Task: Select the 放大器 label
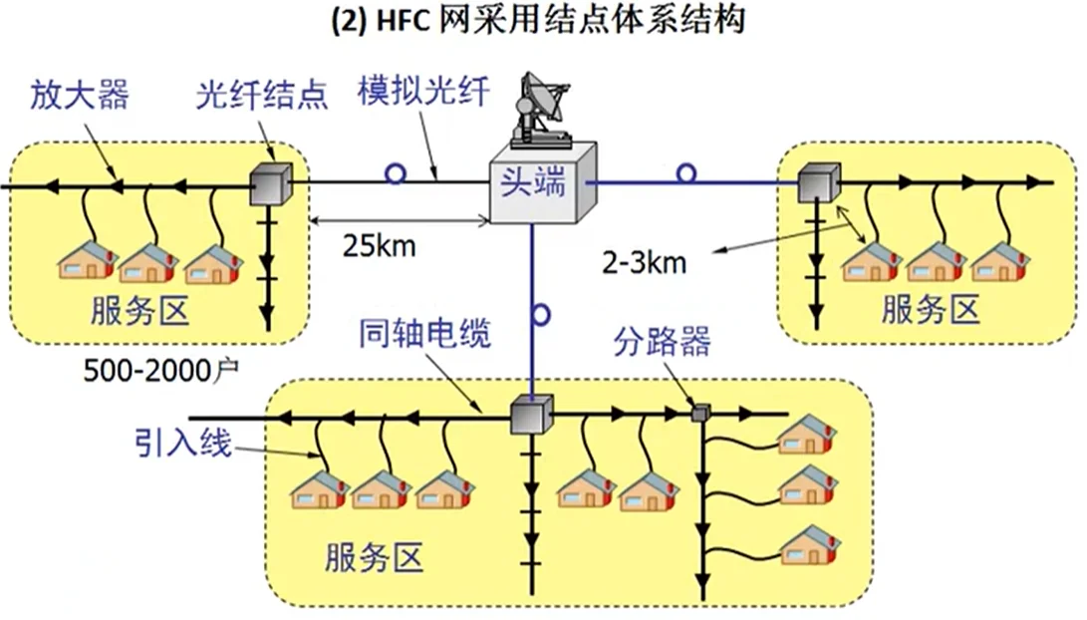click(x=80, y=96)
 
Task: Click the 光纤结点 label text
click(x=262, y=96)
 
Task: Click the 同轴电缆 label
click(x=424, y=335)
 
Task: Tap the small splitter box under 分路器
click(x=699, y=411)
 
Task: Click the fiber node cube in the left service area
click(x=269, y=182)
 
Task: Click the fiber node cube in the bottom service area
click(x=530, y=415)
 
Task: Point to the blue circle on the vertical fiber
click(x=540, y=316)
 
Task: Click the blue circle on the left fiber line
click(x=396, y=174)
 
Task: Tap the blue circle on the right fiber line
click(x=685, y=173)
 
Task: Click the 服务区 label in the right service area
click(x=931, y=309)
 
